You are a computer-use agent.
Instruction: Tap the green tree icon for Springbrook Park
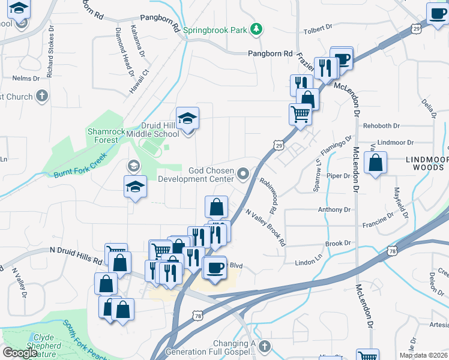pos(256,28)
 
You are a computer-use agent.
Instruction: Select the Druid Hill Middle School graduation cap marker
pos(188,118)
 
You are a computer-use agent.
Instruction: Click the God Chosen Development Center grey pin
pos(243,174)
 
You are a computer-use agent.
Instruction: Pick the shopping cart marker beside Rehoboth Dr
pos(300,113)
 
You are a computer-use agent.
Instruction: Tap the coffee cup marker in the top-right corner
pos(437,13)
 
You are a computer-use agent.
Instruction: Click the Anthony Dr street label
pos(334,210)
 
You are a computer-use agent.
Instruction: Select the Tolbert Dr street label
pos(318,28)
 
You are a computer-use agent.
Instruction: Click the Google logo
pos(20,353)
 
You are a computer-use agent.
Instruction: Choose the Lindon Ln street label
pos(309,263)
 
